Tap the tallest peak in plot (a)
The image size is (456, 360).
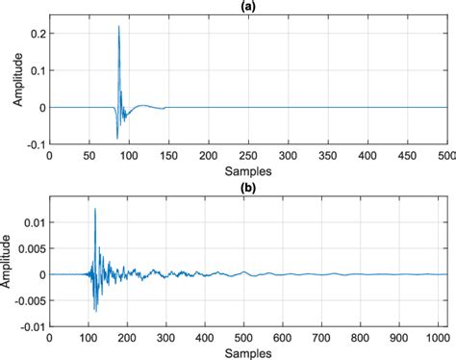(118, 27)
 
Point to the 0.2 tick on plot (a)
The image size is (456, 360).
(39, 33)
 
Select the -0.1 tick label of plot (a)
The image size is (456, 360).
(38, 144)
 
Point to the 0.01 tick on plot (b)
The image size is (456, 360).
(36, 222)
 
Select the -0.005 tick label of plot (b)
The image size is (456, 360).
(30, 300)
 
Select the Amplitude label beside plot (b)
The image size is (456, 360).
(10, 261)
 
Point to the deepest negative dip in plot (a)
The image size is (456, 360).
(117, 139)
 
